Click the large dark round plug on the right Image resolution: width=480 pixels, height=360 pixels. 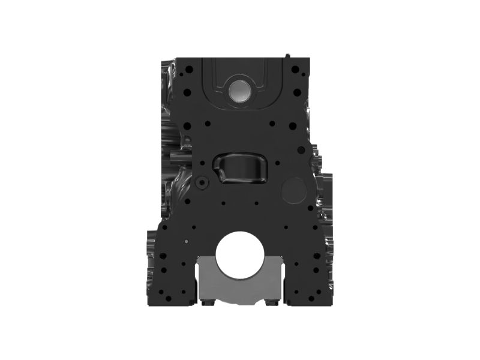(293, 191)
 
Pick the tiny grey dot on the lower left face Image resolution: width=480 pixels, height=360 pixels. (187, 241)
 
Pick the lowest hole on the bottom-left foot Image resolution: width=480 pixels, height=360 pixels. (170, 298)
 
